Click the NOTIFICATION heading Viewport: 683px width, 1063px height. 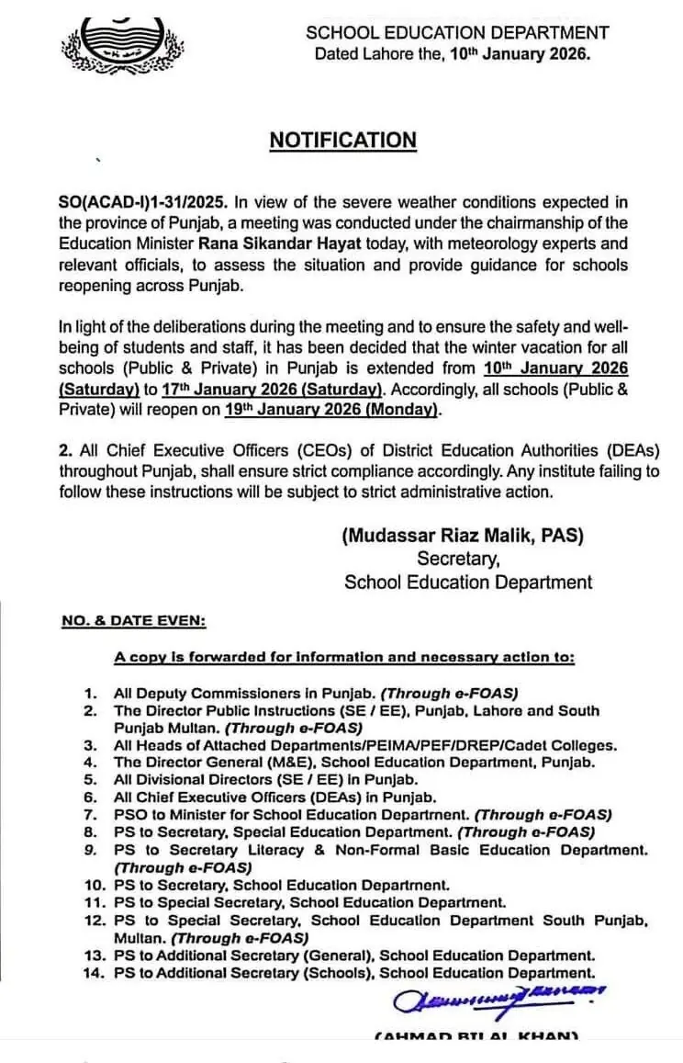pos(342,141)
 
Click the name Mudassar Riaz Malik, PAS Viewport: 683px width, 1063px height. pos(463,536)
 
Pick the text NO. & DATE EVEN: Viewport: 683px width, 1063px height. pos(133,621)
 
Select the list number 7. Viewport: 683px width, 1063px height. pos(90,814)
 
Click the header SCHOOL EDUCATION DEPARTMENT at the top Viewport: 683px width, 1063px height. pos(457,33)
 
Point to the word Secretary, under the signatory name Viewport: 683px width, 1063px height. pos(459,559)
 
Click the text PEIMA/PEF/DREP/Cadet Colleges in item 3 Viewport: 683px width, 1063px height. pos(486,745)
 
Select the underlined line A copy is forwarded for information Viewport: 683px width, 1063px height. pos(344,658)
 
